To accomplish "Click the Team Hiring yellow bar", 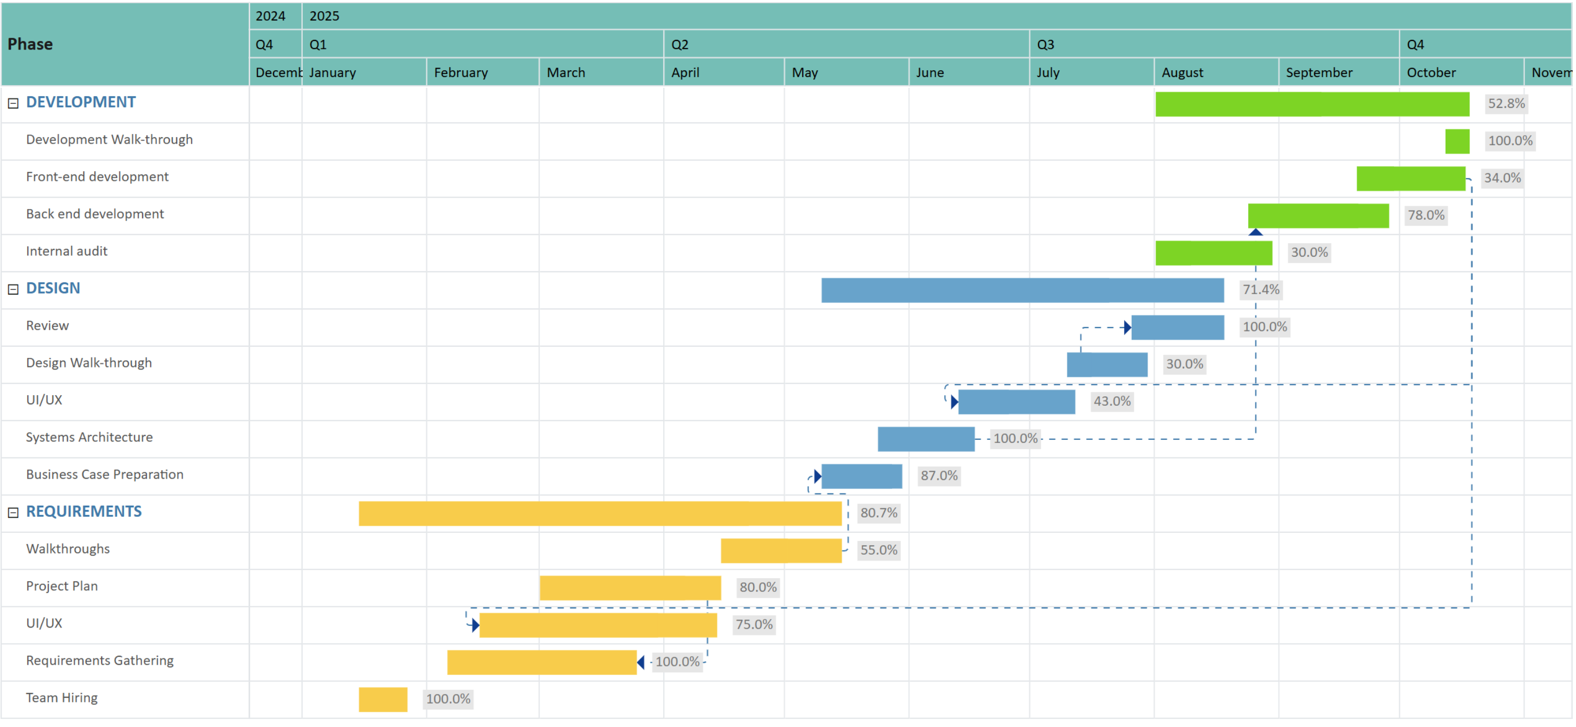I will (383, 699).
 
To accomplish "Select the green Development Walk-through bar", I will (1457, 141).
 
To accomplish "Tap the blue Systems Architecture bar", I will (926, 439).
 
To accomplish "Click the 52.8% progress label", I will (1506, 104).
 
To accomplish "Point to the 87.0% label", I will (938, 475).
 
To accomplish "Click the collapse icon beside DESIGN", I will (13, 289).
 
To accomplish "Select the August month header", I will (1182, 73).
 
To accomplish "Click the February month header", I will (461, 73).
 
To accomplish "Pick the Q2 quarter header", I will (680, 45).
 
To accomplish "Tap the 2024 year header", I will (270, 16).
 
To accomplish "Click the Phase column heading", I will (30, 44).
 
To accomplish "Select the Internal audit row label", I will (67, 252).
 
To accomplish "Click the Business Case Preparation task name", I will (105, 474).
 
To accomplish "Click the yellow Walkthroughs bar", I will (781, 550).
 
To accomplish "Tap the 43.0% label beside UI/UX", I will (1112, 402).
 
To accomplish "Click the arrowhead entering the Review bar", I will (1127, 328).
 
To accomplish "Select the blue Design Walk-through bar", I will (1107, 364).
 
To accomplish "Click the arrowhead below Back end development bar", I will (1256, 232).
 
